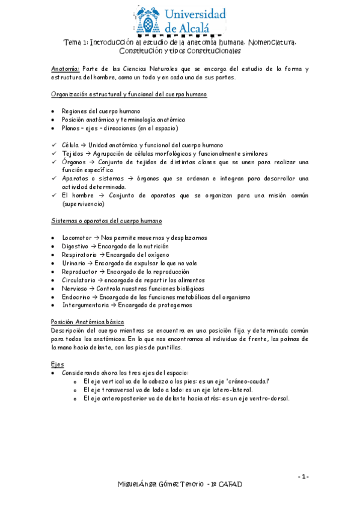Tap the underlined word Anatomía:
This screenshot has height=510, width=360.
pos(65,69)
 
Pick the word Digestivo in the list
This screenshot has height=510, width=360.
pos(75,246)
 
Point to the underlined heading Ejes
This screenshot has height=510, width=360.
pos(58,364)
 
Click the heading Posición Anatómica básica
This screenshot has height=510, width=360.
pos(88,322)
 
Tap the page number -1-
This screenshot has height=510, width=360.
pos(304,477)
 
